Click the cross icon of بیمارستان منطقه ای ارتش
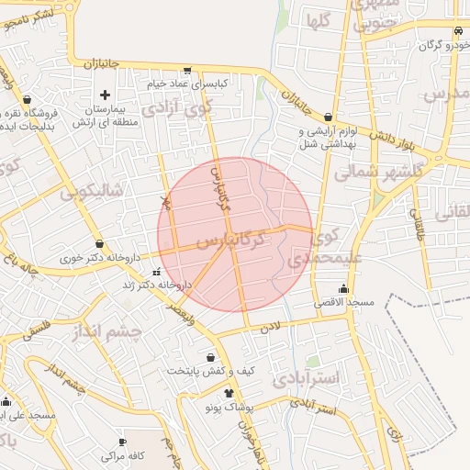click(105, 95)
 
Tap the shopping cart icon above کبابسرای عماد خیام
click(187, 70)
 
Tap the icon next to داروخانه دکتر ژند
click(156, 273)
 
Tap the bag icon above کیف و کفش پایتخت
click(211, 357)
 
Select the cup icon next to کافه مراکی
click(108, 442)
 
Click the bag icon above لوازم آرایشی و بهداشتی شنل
click(329, 117)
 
